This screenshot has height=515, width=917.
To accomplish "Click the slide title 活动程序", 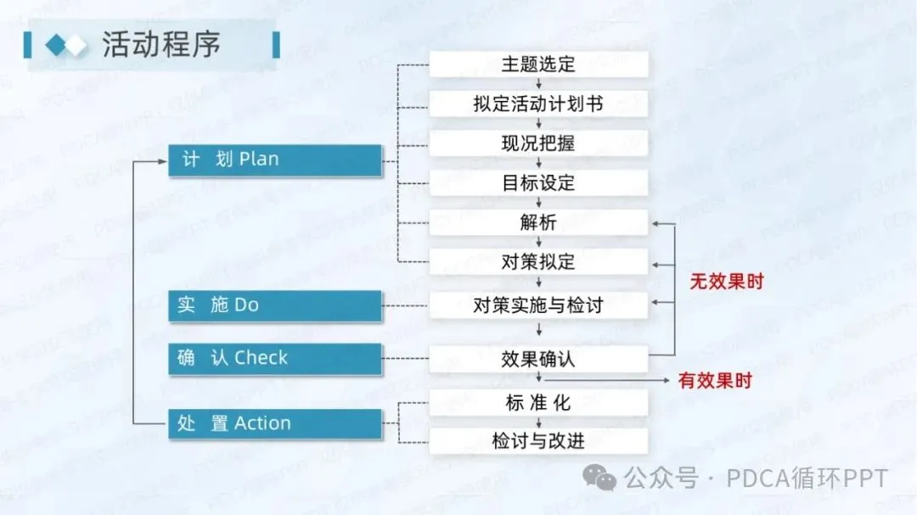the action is point(161,44).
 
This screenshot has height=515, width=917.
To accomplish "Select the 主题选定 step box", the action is point(538,64).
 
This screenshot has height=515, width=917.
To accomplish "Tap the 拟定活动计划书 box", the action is point(538,104).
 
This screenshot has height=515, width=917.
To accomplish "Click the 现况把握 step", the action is point(538,143).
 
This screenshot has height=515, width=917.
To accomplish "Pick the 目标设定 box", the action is point(538,182).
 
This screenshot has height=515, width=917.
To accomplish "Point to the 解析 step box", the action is point(538,222).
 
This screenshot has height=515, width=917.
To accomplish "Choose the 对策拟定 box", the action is point(538,261).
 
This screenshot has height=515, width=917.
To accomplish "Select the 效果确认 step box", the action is point(538,359).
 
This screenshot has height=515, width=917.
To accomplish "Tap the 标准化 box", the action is point(538,403).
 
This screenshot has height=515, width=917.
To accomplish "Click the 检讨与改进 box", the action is point(538,441).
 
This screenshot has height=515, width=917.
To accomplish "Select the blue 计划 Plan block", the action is point(274,160).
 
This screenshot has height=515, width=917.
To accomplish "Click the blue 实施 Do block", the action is point(274,305).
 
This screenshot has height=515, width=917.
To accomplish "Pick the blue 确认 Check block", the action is point(274,358).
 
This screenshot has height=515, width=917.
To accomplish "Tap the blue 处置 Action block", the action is point(274,423).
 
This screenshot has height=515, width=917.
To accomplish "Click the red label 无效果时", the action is point(726,282).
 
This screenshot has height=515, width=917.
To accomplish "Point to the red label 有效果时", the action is point(715,381).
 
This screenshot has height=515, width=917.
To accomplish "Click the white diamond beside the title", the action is point(76,45).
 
